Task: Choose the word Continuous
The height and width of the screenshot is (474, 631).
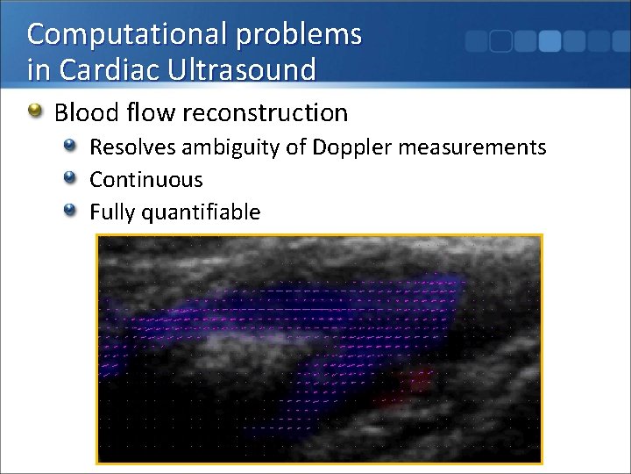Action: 146,180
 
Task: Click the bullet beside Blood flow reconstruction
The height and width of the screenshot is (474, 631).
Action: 35,111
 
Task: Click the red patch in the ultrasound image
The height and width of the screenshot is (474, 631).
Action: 412,384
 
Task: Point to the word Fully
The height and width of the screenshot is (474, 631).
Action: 115,212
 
